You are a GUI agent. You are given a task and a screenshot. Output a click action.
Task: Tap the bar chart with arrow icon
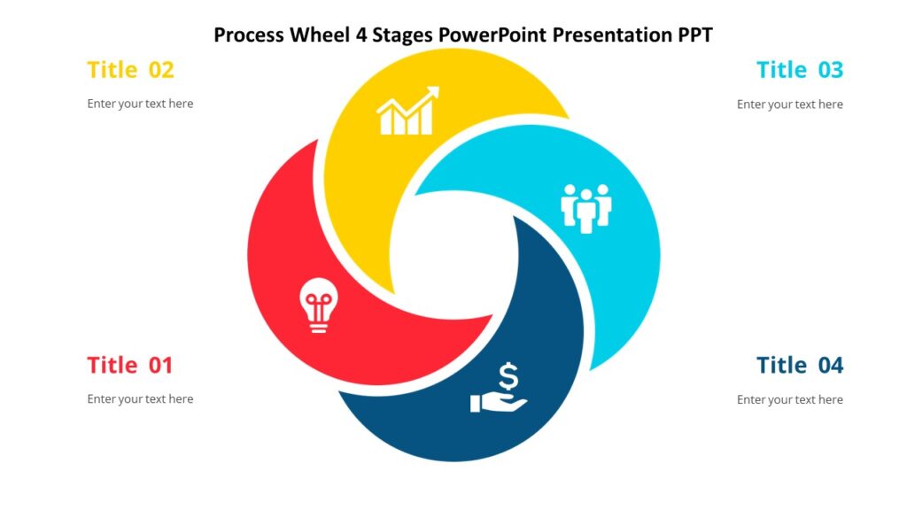tap(407, 112)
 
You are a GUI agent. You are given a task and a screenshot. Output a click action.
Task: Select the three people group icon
tap(586, 208)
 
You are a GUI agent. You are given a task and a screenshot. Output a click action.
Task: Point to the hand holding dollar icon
tap(499, 390)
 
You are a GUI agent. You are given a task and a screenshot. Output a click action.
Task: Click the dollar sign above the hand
tap(508, 376)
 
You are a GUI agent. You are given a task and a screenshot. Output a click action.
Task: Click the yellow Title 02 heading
tap(130, 70)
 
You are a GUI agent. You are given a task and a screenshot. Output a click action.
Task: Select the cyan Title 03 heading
tap(800, 70)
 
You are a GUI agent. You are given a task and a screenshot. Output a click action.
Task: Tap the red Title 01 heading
tap(130, 365)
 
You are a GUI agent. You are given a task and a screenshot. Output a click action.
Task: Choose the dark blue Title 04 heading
tap(800, 365)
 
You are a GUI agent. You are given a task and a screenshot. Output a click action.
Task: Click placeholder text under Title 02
tap(140, 104)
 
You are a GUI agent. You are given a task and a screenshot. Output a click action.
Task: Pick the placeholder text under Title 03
tap(790, 104)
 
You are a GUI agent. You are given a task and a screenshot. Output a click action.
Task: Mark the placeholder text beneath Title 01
tap(140, 399)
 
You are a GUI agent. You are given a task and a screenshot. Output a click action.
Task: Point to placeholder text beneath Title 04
tap(790, 400)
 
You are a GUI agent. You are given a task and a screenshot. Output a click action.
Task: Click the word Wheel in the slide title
tap(315, 35)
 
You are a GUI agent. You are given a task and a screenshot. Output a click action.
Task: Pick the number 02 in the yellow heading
tap(160, 70)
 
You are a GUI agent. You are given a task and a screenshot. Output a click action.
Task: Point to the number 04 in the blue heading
tap(830, 365)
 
